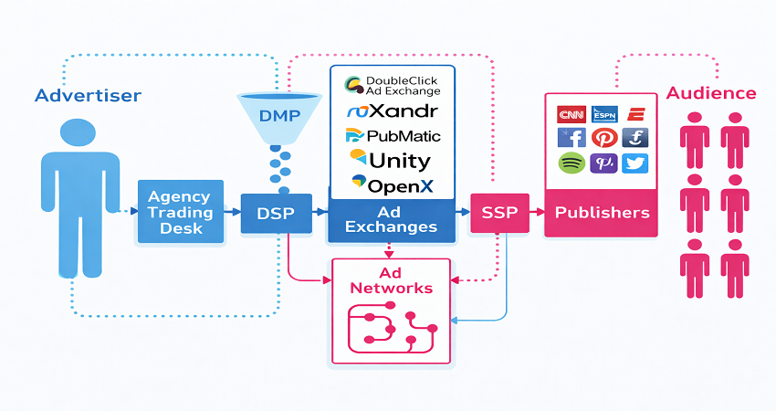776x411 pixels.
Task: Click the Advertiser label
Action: pyautogui.click(x=88, y=95)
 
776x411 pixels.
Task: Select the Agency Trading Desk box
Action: pyautogui.click(x=180, y=212)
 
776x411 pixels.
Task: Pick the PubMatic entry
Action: pyautogui.click(x=393, y=136)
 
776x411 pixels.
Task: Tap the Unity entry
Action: pyautogui.click(x=393, y=161)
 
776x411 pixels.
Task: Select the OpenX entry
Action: pyautogui.click(x=393, y=185)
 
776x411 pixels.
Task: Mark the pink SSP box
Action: pyautogui.click(x=498, y=213)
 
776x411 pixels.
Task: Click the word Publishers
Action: pyautogui.click(x=603, y=213)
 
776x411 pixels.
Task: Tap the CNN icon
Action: pyautogui.click(x=572, y=114)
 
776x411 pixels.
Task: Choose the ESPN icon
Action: pyautogui.click(x=603, y=114)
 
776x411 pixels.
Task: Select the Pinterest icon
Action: pyautogui.click(x=603, y=138)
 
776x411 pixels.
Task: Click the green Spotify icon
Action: pyautogui.click(x=572, y=163)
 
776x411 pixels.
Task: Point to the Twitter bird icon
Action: pyautogui.click(x=635, y=163)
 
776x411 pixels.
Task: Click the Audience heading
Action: pyautogui.click(x=710, y=93)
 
